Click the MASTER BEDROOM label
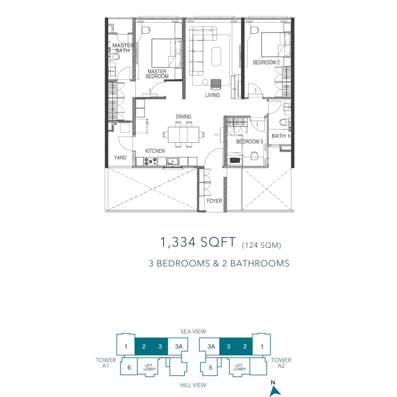[x=157, y=74]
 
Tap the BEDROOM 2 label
[x=266, y=62]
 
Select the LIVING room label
[x=212, y=95]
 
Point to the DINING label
[x=183, y=116]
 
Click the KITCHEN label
[x=155, y=151]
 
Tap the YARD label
[x=120, y=158]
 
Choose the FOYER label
[x=214, y=201]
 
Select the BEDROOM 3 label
[x=250, y=142]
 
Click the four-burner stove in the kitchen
[x=150, y=161]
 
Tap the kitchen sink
[x=173, y=161]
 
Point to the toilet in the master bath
[x=114, y=57]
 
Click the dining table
[x=183, y=135]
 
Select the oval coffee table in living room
[x=216, y=56]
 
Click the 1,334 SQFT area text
[x=198, y=242]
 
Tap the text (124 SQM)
[x=262, y=245]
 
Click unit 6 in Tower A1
[x=129, y=368]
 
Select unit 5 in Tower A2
[x=210, y=368]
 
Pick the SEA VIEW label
[x=193, y=331]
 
